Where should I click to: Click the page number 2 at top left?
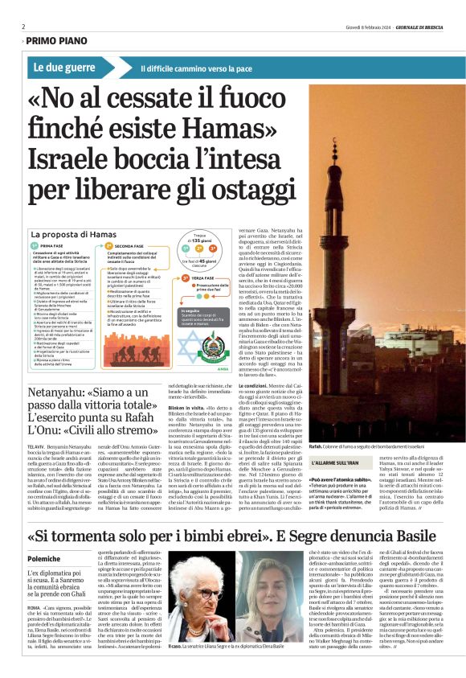click(x=23, y=27)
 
